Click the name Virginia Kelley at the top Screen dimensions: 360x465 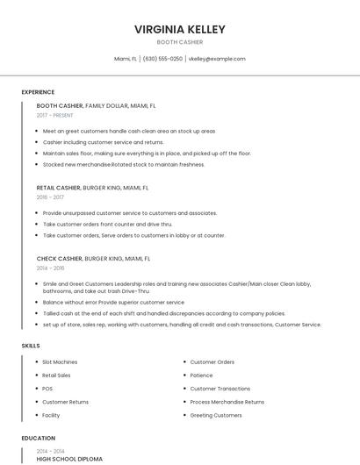coord(179,29)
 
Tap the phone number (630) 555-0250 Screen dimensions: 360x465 coord(162,59)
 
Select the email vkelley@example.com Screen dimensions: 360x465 coord(217,59)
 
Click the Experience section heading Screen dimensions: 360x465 coord(38,92)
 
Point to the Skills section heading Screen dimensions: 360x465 coord(31,346)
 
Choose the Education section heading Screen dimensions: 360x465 coord(38,438)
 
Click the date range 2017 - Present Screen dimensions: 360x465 coord(55,115)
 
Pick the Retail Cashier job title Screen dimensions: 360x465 coord(59,188)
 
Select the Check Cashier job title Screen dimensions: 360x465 coord(59,259)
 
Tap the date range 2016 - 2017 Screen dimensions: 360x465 coord(51,197)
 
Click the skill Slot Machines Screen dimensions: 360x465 coord(60,361)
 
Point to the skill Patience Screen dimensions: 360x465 coord(201,375)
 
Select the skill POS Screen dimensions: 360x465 coord(47,388)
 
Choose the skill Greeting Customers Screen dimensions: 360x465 coord(215,415)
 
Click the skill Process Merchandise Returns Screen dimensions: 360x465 coord(227,402)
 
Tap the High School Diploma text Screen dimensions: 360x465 coord(69,458)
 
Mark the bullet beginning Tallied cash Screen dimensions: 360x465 coord(163,312)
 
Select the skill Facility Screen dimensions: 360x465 coord(51,415)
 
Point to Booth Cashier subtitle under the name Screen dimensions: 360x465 coord(179,42)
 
